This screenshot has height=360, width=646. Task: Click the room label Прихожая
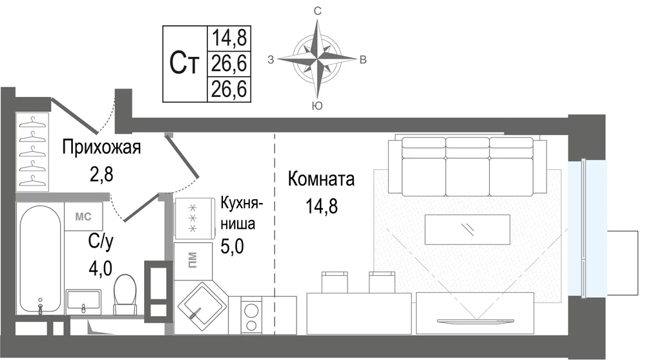point(101,147)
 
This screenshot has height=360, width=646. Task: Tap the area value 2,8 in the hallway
point(101,175)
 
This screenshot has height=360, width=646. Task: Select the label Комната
point(321,180)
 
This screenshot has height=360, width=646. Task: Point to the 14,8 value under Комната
point(321,206)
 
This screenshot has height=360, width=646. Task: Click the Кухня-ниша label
point(242,213)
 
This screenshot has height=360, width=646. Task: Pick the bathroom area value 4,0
point(101,268)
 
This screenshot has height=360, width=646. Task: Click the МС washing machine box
point(83,217)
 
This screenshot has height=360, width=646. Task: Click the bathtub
point(40,260)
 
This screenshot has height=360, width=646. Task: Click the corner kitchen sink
point(201,307)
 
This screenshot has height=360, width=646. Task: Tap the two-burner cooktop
point(251,317)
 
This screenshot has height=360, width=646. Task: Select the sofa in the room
point(468,167)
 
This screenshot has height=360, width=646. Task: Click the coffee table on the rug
point(468,229)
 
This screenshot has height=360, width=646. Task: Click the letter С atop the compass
point(317,11)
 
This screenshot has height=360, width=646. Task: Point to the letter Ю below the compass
point(317,106)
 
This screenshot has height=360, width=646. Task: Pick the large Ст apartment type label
point(184,63)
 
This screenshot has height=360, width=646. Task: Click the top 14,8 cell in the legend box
point(229,38)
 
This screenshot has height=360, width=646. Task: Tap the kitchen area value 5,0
point(233,247)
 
